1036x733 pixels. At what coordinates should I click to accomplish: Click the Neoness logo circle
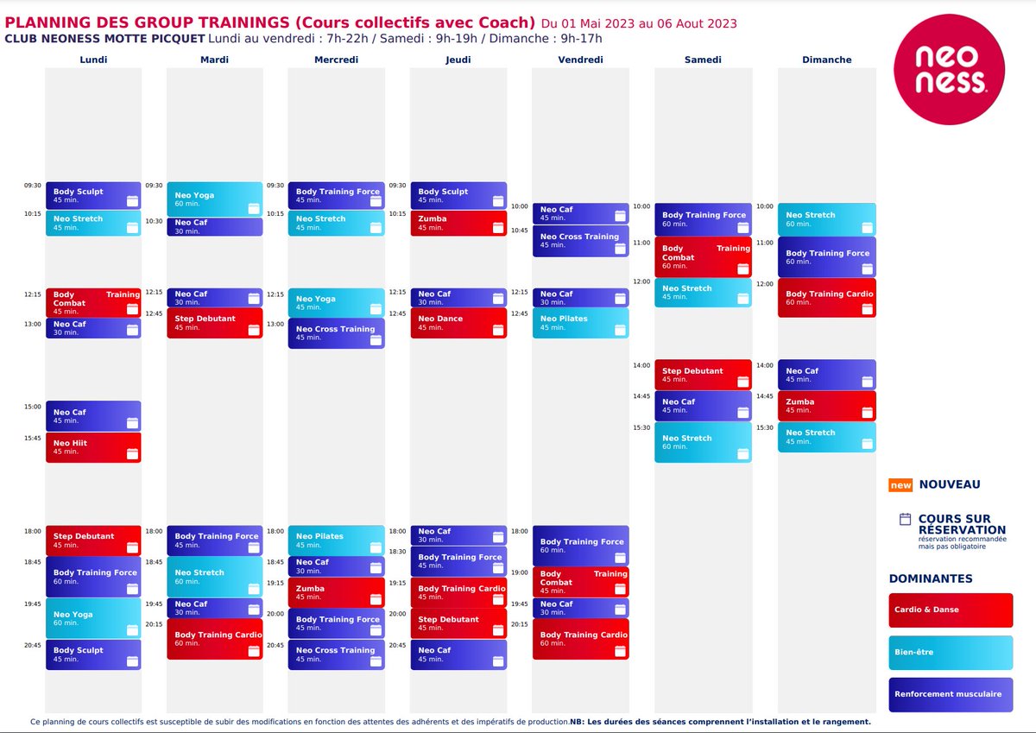[x=949, y=69]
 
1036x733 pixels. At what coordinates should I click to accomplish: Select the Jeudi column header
[x=458, y=60]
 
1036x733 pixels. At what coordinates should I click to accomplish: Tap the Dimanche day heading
[x=826, y=60]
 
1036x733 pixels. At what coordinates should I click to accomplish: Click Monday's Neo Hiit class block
[x=93, y=447]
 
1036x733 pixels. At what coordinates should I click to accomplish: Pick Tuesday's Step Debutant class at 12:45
[x=215, y=323]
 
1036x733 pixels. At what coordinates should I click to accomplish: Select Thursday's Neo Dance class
[x=458, y=323]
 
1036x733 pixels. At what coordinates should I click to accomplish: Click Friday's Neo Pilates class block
[x=580, y=323]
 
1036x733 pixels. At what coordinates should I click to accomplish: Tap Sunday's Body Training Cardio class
[x=826, y=298]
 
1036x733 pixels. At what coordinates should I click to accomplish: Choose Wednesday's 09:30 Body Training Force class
[x=336, y=195]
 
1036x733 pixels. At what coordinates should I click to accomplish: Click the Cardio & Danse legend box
[x=951, y=610]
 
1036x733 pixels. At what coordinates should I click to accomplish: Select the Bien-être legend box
[x=951, y=653]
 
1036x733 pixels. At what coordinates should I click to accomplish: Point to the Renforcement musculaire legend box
[x=951, y=695]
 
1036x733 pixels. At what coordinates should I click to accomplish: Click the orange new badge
[x=900, y=485]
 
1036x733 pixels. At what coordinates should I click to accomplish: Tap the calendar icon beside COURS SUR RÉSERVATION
[x=905, y=519]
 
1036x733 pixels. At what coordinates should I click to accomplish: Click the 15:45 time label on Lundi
[x=33, y=438]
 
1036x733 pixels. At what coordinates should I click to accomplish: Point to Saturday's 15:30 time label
[x=641, y=427]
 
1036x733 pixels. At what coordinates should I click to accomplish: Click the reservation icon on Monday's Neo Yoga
[x=132, y=630]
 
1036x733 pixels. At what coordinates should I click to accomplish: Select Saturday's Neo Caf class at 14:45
[x=703, y=406]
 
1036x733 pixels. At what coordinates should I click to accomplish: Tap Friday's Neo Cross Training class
[x=580, y=241]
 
